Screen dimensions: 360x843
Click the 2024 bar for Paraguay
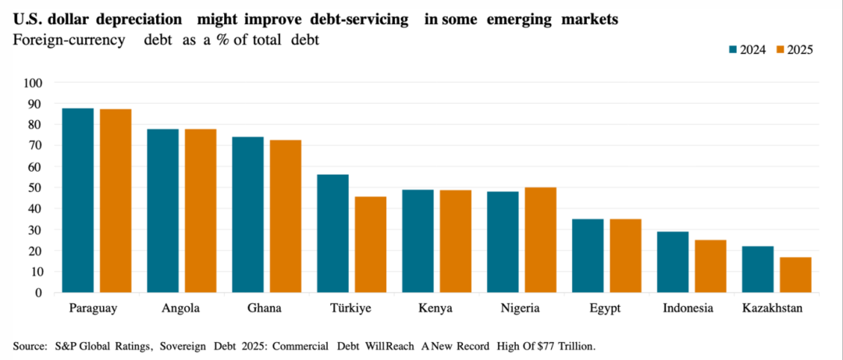(78, 201)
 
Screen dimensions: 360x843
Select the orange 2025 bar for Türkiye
(371, 244)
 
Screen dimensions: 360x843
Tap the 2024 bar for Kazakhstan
(757, 269)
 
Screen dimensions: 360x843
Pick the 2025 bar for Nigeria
(541, 240)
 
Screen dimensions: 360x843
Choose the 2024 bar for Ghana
(247, 215)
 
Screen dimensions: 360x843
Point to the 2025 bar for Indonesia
(710, 266)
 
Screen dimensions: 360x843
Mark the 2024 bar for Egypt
(588, 255)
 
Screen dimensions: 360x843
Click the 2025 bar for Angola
(201, 211)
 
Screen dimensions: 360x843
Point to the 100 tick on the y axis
(34, 83)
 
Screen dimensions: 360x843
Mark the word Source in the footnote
(30, 345)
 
